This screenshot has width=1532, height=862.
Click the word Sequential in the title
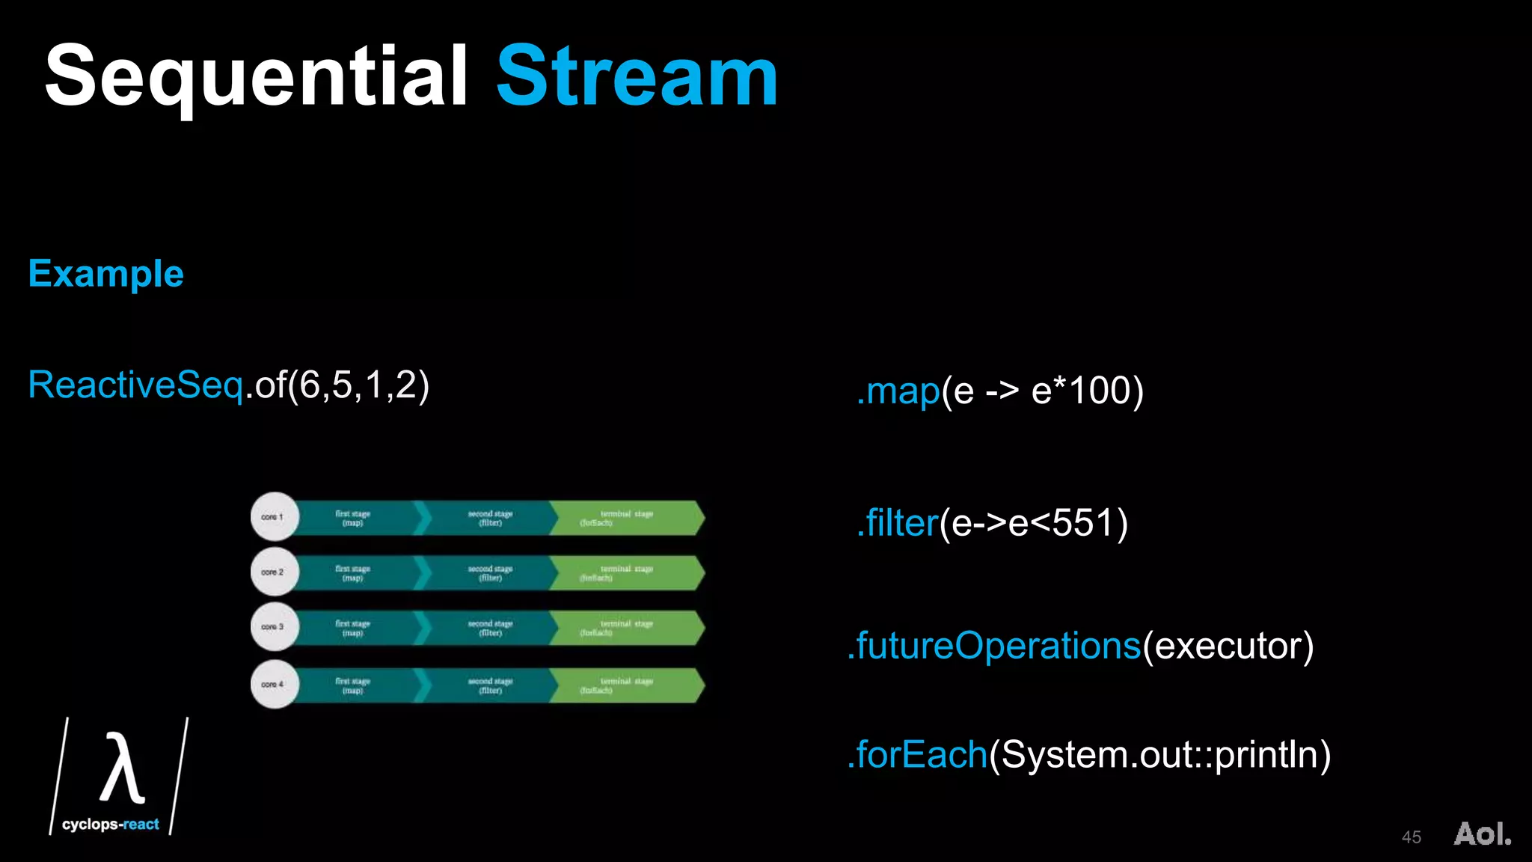click(256, 76)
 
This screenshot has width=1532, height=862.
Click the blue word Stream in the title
click(637, 76)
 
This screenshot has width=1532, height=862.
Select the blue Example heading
click(106, 274)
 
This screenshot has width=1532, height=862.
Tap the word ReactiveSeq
click(135, 385)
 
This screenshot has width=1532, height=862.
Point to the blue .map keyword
click(898, 391)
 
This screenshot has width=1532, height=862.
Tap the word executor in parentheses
click(1228, 646)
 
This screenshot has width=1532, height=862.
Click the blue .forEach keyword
click(919, 754)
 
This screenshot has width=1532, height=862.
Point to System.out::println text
click(1159, 754)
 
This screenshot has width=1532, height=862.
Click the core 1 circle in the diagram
click(274, 517)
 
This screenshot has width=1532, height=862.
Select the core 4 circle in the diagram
click(274, 685)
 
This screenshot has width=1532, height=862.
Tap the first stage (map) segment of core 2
click(353, 573)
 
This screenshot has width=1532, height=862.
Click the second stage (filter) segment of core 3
click(490, 628)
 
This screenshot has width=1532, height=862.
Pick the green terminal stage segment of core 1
click(625, 518)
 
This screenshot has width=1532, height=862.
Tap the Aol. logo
click(1482, 834)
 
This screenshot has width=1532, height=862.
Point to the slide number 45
click(1411, 837)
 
